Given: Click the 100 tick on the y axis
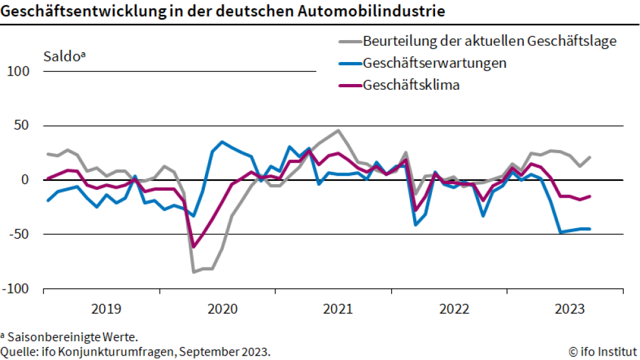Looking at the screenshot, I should pyautogui.click(x=18, y=71).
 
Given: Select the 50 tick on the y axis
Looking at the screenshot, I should pyautogui.click(x=23, y=125).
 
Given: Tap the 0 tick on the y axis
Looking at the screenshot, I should pyautogui.click(x=27, y=180).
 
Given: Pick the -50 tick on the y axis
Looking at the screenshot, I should pyautogui.click(x=19, y=234).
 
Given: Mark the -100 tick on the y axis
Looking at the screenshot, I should pyautogui.click(x=16, y=288).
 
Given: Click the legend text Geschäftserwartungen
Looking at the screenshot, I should pyautogui.click(x=434, y=63).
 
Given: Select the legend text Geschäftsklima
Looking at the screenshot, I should pyautogui.click(x=411, y=85).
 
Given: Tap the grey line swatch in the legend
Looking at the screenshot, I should pyautogui.click(x=350, y=42).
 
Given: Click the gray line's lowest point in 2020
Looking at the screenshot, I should pyautogui.click(x=194, y=272).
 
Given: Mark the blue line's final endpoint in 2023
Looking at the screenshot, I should pyautogui.click(x=590, y=229).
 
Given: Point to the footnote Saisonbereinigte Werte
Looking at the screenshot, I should pyautogui.click(x=72, y=337).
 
